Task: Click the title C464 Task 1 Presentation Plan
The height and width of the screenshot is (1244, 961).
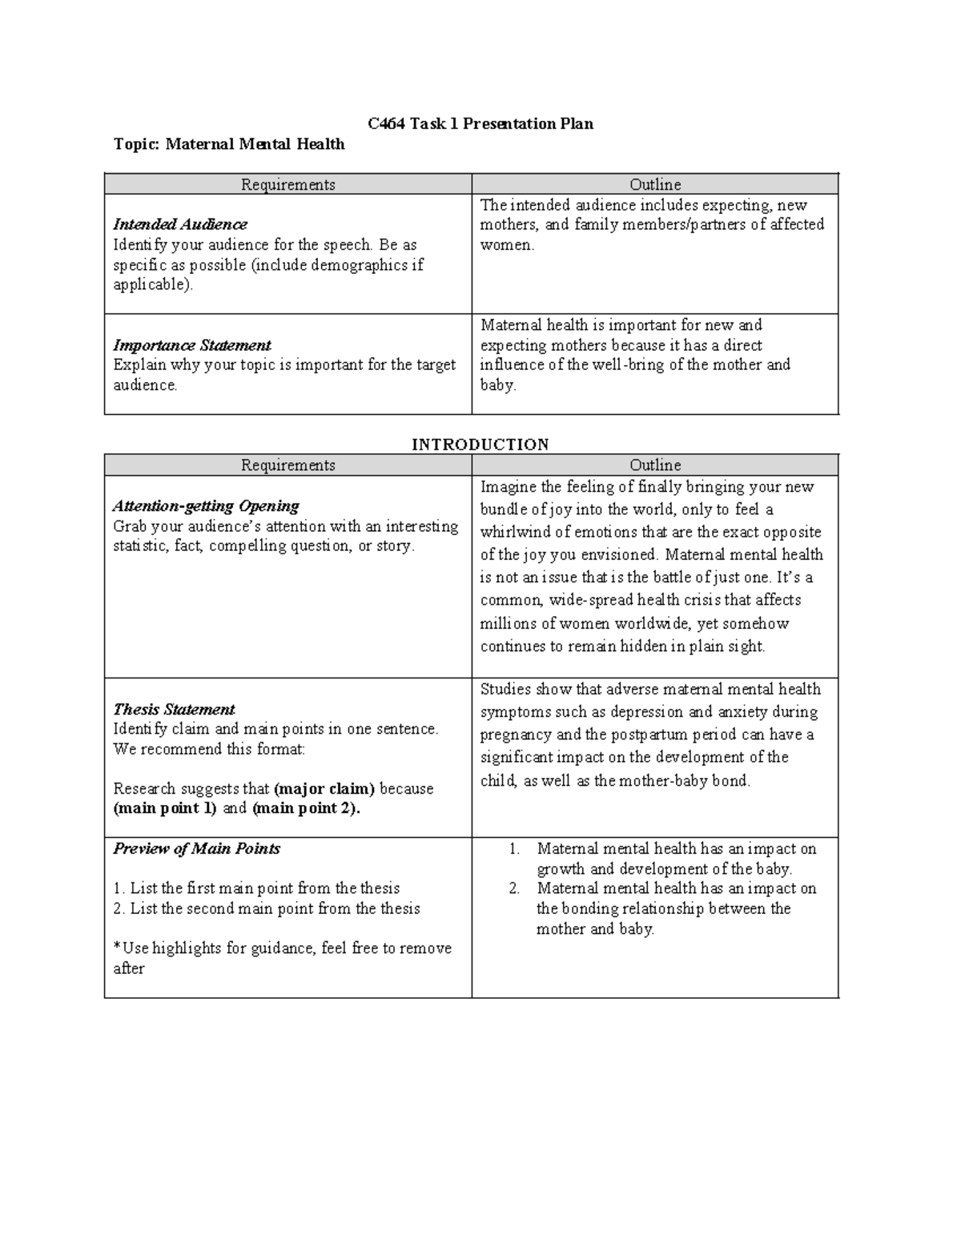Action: [x=480, y=123]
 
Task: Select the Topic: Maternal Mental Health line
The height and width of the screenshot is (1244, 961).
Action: [x=229, y=144]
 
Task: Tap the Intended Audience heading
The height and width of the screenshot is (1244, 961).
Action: [x=179, y=224]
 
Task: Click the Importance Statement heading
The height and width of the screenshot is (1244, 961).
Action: [x=191, y=345]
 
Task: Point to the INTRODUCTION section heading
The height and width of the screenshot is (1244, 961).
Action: [x=480, y=445]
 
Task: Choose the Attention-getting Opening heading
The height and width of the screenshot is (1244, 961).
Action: [x=206, y=506]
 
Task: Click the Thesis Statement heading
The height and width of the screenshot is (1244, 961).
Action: [x=174, y=710]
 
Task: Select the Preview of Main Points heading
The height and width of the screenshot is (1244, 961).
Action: [x=196, y=849]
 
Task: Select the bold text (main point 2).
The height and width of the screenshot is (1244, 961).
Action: [x=306, y=808]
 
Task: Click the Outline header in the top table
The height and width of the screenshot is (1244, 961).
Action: [x=655, y=184]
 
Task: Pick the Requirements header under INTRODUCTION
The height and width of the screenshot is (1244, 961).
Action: [x=288, y=465]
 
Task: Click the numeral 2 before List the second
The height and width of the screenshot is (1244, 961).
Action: [x=118, y=909]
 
